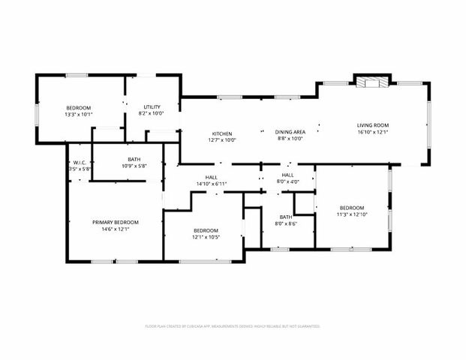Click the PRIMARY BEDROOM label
coord(116,222)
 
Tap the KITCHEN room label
coord(221,133)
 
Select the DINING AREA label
coord(289,132)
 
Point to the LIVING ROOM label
coord(372,125)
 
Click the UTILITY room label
coord(152,106)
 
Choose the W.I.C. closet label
coord(80,163)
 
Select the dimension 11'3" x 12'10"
coord(351,214)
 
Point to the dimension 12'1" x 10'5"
coord(206,237)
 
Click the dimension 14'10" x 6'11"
coord(211,184)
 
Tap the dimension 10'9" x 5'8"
coord(134,166)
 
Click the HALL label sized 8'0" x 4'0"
coord(288,175)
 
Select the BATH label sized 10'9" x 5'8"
coord(134,159)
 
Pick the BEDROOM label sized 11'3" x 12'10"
coord(351,208)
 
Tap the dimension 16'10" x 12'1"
coord(372,132)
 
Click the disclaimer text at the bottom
coord(233,326)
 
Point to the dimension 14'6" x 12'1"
coord(116,229)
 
